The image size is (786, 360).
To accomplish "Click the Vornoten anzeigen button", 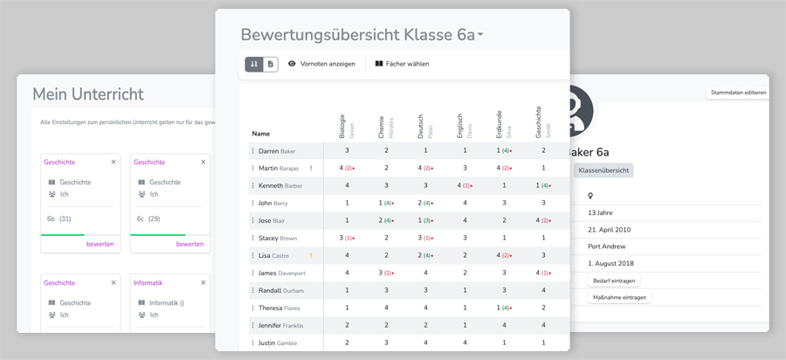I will [x=321, y=64].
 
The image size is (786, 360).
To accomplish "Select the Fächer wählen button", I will [x=402, y=64].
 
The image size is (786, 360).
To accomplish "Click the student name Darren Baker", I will [x=275, y=151].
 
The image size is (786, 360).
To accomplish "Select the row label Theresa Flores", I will [x=279, y=308].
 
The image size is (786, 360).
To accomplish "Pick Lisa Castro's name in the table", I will [x=273, y=255].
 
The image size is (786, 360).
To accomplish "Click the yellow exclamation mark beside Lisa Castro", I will [x=311, y=255].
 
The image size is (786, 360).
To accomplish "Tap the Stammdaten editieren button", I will [x=738, y=92].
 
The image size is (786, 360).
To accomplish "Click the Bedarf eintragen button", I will [x=615, y=280].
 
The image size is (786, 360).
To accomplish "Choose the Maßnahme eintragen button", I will [x=619, y=298].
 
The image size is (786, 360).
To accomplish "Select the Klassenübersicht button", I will [x=603, y=170].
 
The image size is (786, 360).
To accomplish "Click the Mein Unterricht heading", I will [x=88, y=93].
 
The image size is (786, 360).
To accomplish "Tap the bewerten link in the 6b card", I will [x=100, y=244].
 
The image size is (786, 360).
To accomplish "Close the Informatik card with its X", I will [x=203, y=282].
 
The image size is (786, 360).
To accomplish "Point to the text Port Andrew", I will [x=612, y=246].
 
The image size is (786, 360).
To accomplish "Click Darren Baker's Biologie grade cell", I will [x=347, y=151].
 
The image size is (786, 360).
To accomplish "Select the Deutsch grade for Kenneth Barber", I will [x=425, y=185].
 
